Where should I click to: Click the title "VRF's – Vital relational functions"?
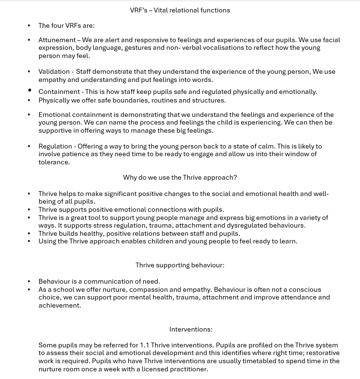click(x=180, y=10)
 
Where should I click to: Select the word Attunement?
click(x=57, y=40)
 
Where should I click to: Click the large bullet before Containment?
click(x=29, y=90)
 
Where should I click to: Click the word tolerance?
click(x=54, y=162)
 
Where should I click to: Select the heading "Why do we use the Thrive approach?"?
click(x=180, y=177)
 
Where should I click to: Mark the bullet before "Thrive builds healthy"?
click(x=29, y=233)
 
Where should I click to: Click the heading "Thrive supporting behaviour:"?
click(x=180, y=265)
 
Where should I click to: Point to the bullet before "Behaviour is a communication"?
click(x=29, y=281)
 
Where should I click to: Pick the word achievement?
click(x=59, y=305)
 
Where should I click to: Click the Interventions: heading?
click(x=191, y=329)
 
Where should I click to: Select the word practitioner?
click(x=189, y=369)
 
